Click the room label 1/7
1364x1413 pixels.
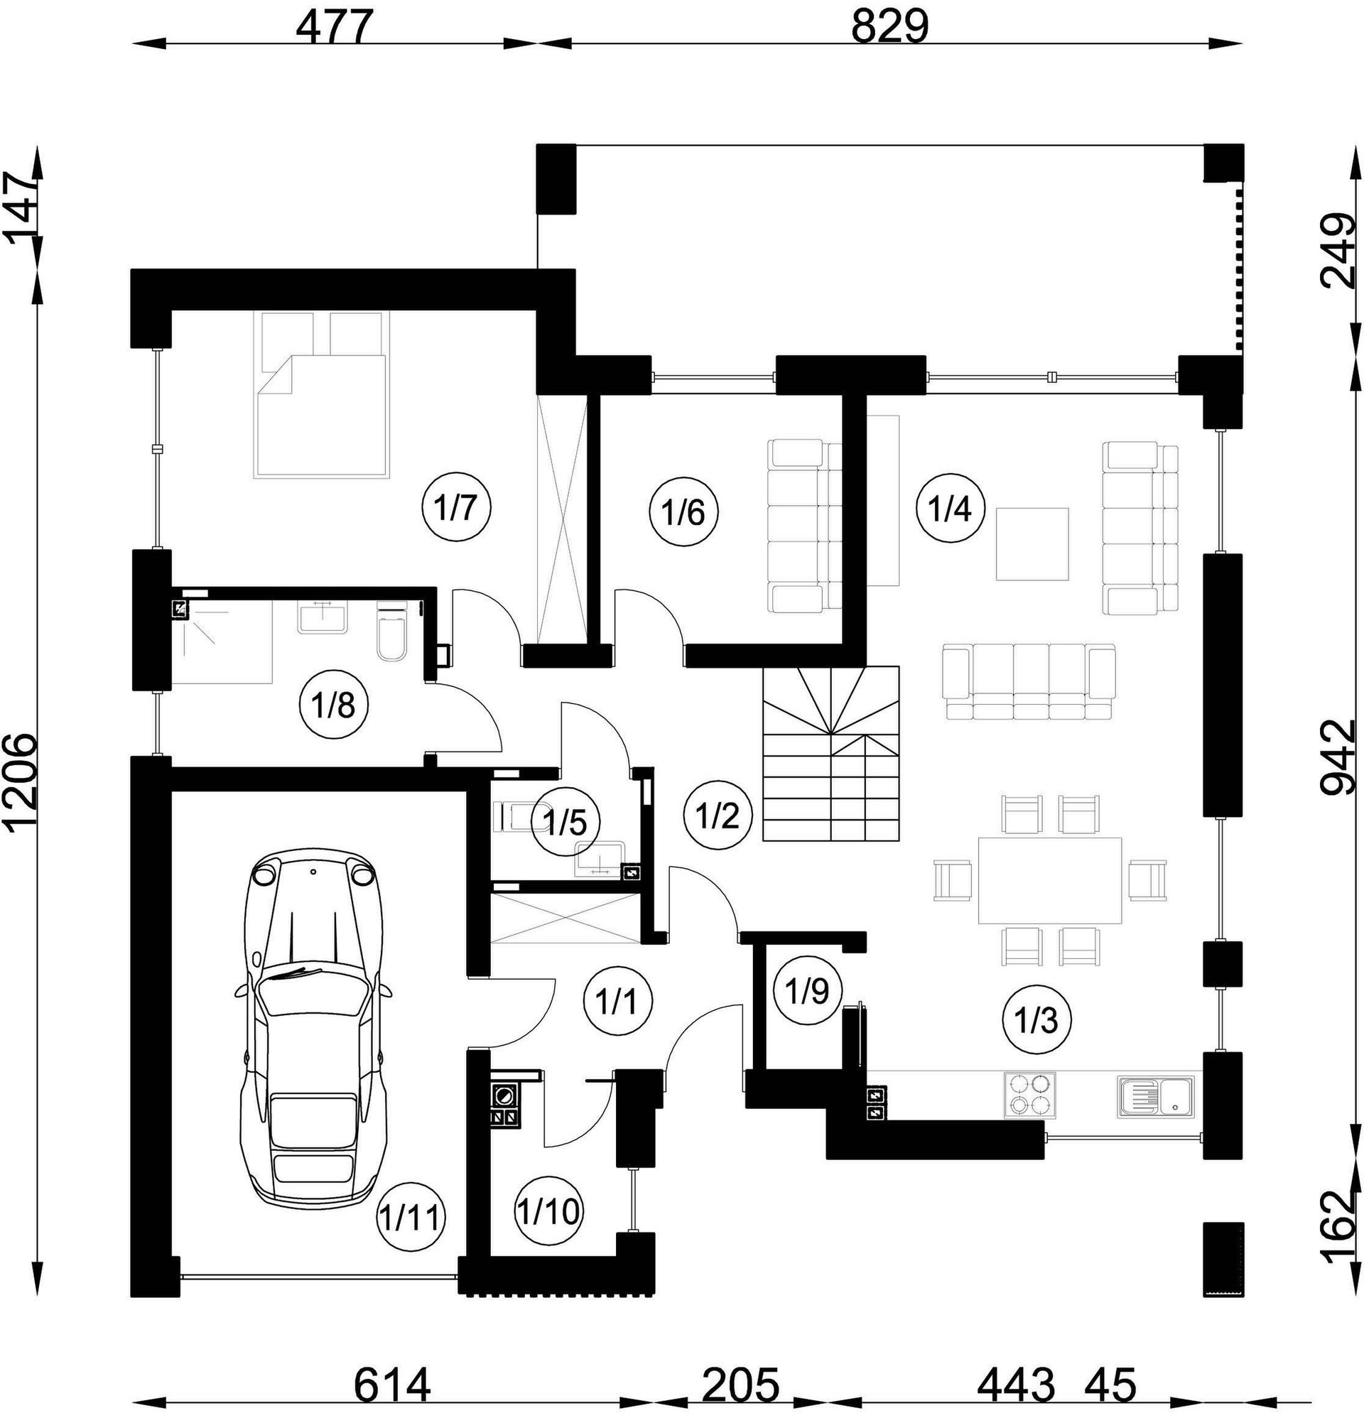[455, 508]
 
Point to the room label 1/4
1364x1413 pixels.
[951, 508]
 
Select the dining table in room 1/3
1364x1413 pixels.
[1049, 880]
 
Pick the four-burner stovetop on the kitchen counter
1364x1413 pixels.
[1029, 1095]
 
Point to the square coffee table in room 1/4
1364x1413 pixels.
[1032, 543]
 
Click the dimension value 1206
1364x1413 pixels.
[22, 792]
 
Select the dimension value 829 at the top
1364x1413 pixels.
[890, 28]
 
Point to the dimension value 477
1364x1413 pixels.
[337, 28]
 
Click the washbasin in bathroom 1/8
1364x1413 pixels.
[324, 616]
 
